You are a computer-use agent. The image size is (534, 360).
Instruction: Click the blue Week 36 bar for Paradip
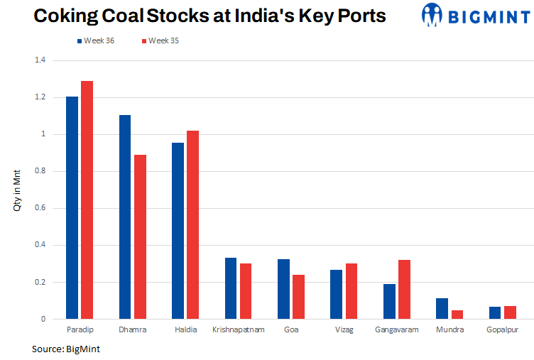[72, 207]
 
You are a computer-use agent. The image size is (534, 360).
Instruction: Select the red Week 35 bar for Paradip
[87, 200]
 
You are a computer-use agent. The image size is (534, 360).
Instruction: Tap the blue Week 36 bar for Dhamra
[125, 217]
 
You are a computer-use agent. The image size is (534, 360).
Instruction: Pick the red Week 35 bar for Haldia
[192, 224]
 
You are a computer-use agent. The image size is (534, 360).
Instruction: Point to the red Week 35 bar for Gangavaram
[404, 289]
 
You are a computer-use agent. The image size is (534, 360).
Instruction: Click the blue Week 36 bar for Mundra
[442, 308]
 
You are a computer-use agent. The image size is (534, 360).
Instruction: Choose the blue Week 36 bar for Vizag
[337, 294]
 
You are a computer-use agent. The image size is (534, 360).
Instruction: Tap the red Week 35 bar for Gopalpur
[510, 312]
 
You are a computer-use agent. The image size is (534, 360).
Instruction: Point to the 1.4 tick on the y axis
[40, 60]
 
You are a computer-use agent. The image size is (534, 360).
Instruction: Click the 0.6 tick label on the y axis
[40, 208]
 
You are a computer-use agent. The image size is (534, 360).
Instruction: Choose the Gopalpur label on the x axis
[503, 329]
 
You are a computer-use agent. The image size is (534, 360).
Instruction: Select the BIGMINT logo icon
[432, 14]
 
